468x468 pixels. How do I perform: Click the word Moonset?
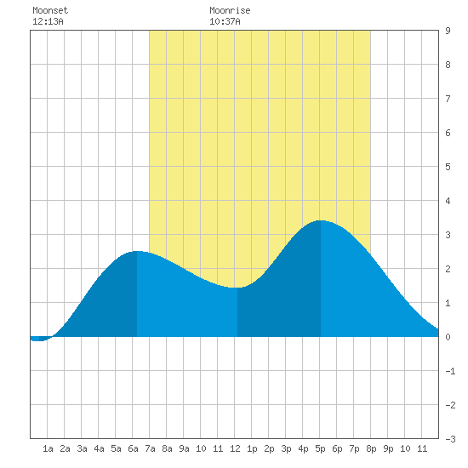(x=50, y=10)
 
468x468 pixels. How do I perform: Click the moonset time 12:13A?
(x=48, y=21)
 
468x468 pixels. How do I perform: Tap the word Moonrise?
(x=230, y=10)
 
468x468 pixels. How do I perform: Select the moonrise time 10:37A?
(x=225, y=21)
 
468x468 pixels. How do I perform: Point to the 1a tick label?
(x=48, y=448)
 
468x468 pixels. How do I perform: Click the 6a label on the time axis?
(x=133, y=448)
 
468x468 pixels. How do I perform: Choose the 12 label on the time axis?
(x=235, y=448)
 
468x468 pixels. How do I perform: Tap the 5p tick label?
(x=320, y=448)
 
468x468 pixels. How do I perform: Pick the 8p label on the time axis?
(x=371, y=448)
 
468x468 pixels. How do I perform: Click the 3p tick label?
(x=286, y=448)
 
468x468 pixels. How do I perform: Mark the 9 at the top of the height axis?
(x=448, y=31)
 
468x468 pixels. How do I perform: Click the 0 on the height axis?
(x=448, y=337)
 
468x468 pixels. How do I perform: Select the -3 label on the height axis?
(x=450, y=439)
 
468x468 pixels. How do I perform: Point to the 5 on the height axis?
(x=448, y=167)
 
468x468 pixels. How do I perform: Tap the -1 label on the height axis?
(x=450, y=371)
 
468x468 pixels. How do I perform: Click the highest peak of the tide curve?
(x=321, y=220)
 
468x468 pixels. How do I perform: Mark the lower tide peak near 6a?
(x=137, y=251)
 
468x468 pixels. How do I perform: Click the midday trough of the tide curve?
(x=237, y=288)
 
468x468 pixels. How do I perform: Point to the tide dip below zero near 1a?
(x=39, y=340)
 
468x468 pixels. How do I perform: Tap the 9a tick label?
(x=184, y=448)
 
